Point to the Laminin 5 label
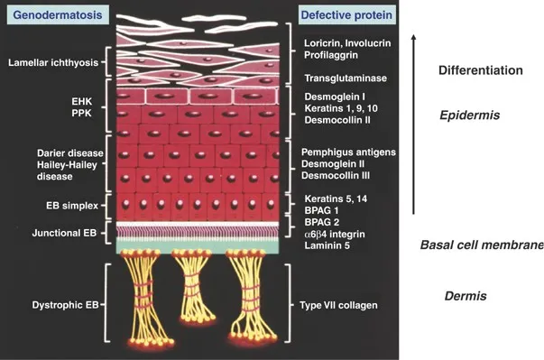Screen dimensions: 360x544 tap(328, 246)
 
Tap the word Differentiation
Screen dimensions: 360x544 tap(480, 70)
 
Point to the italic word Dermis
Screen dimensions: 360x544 tap(466, 296)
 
